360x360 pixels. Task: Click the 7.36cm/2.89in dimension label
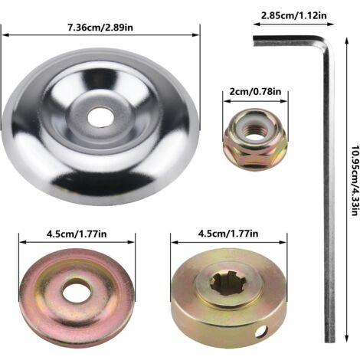[x=100, y=28]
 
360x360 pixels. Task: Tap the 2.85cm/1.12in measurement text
[x=293, y=15]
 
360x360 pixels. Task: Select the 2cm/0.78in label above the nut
[x=255, y=91]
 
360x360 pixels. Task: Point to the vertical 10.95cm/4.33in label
[x=354, y=181]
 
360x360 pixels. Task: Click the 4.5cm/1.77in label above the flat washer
[x=77, y=234]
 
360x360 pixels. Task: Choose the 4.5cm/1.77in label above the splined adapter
[x=228, y=234]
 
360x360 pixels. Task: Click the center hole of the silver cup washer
[x=100, y=116]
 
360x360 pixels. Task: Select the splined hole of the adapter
[x=228, y=283]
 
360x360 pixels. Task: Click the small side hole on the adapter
[x=260, y=332]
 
